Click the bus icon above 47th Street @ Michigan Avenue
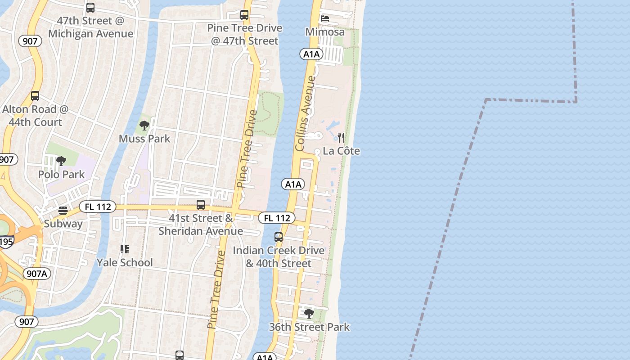(90, 8)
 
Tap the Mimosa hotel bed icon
(325, 18)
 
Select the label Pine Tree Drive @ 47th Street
(245, 34)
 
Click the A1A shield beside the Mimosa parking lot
(311, 54)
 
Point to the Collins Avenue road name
(306, 113)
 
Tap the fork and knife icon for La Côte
(342, 137)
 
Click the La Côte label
(342, 151)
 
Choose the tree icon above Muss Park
(144, 125)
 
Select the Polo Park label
(62, 174)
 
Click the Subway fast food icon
(63, 211)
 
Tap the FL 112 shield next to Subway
(98, 207)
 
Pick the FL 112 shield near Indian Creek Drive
(277, 218)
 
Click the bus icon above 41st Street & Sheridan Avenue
(201, 205)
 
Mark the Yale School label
(125, 262)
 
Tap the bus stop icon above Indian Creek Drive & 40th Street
(279, 237)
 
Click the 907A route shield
(36, 274)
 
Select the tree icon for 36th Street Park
(309, 313)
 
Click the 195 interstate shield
(6, 242)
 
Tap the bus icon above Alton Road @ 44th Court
(35, 96)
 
